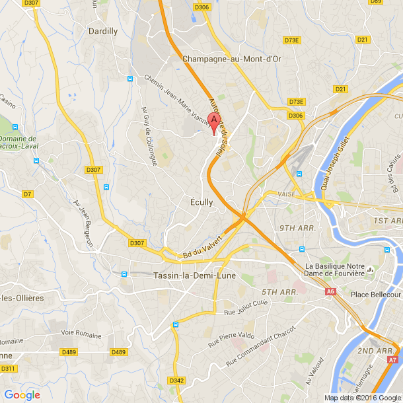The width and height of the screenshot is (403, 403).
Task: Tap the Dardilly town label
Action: pyautogui.click(x=104, y=31)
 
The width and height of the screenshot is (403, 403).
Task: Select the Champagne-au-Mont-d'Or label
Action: pyautogui.click(x=231, y=59)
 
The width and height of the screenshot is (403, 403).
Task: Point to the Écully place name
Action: pyautogui.click(x=201, y=202)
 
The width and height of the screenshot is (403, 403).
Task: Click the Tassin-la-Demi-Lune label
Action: pyautogui.click(x=186, y=275)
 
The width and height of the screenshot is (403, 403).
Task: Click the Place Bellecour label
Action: pyautogui.click(x=376, y=294)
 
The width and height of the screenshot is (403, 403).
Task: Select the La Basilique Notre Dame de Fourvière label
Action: pyautogui.click(x=335, y=270)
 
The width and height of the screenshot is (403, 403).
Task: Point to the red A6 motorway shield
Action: pyautogui.click(x=330, y=291)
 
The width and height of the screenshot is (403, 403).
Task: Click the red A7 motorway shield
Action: pyautogui.click(x=392, y=360)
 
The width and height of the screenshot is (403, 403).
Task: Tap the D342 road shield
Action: pyautogui.click(x=176, y=381)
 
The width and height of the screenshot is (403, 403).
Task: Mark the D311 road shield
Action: pyautogui.click(x=8, y=368)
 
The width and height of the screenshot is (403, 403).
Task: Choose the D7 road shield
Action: pyautogui.click(x=28, y=194)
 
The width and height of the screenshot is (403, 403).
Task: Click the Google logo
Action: pyautogui.click(x=22, y=395)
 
